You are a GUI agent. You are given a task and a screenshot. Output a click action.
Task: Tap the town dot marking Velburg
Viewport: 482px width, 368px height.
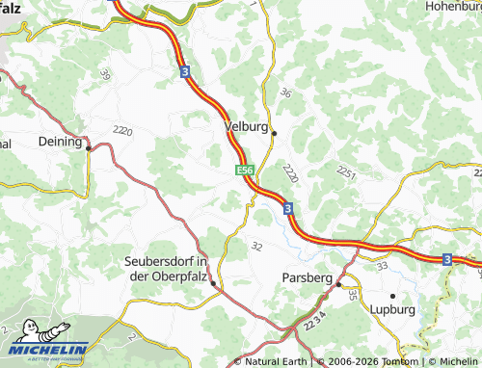pos(274,133)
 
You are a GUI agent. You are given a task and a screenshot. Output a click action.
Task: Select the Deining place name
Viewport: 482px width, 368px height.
pos(60,140)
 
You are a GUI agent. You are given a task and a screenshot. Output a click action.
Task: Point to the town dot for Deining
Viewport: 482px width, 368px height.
pos(88,148)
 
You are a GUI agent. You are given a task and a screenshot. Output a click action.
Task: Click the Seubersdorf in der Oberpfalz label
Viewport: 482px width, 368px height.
pos(167,269)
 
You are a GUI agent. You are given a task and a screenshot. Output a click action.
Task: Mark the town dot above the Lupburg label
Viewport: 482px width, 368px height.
pos(393,295)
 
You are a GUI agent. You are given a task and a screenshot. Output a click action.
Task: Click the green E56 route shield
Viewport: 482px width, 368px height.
pos(245,171)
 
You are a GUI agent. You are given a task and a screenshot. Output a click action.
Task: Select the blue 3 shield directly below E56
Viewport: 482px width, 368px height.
pos(287,208)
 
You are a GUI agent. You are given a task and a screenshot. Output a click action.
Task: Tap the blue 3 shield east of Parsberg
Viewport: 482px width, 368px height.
pos(447,259)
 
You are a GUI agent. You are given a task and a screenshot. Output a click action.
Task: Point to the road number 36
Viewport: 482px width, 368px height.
pos(284,93)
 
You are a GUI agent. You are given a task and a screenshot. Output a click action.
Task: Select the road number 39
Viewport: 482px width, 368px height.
pos(104,75)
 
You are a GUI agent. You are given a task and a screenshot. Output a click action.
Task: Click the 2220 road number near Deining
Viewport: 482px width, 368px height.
pos(121,130)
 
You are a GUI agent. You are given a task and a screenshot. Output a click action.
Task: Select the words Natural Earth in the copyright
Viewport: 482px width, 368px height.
pos(277,361)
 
